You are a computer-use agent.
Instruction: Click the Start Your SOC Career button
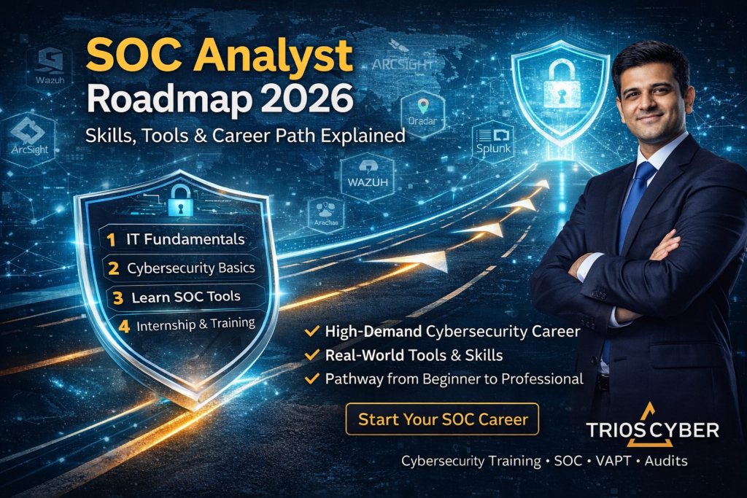(442, 419)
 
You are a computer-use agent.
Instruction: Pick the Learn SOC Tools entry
(186, 297)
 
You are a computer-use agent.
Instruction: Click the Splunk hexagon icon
(493, 141)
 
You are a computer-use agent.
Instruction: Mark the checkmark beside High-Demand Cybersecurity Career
(312, 332)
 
